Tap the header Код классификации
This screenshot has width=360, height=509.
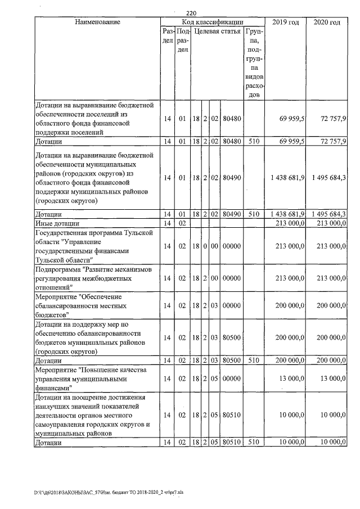tap(213, 22)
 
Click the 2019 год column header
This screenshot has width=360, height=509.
tap(286, 22)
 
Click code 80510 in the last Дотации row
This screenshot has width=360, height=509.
tap(231, 442)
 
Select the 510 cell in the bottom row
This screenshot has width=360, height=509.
tap(254, 442)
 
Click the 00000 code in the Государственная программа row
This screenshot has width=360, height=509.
tap(231, 246)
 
